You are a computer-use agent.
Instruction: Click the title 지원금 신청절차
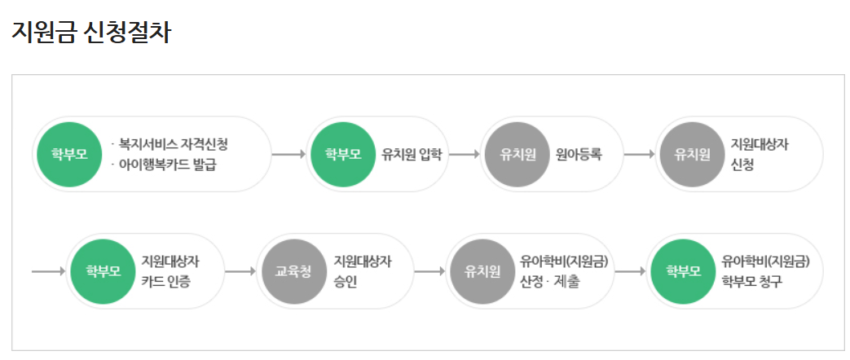(x=91, y=32)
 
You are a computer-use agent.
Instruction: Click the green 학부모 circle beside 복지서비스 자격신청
(x=69, y=154)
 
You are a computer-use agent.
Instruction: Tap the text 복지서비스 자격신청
(x=173, y=145)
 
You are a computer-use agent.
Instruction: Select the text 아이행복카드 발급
(x=173, y=165)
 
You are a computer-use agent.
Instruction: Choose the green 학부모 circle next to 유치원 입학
(x=343, y=154)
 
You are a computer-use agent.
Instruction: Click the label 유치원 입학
(x=412, y=154)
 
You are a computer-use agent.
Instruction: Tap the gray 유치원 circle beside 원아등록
(x=517, y=154)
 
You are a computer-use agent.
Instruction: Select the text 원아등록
(x=579, y=154)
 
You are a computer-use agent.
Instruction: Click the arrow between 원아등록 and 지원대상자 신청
(x=640, y=154)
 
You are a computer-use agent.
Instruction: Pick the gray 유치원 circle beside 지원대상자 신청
(x=692, y=154)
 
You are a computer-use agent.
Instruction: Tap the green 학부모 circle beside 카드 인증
(x=103, y=271)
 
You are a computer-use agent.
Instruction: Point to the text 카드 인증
(x=166, y=281)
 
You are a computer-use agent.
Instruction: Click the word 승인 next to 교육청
(x=346, y=281)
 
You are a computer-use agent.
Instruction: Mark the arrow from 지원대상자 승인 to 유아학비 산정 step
(x=429, y=271)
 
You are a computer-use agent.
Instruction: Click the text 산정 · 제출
(x=550, y=281)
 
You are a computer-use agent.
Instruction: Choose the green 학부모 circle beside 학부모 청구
(x=684, y=271)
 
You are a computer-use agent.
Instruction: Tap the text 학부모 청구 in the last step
(x=751, y=281)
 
